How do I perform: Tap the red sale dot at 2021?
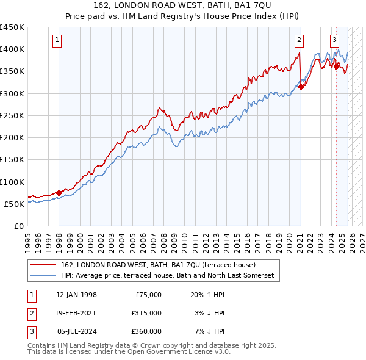coord(301,87)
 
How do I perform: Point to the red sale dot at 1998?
coord(59,193)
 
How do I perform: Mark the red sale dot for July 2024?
coord(336,67)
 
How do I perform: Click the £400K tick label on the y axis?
coord(12,49)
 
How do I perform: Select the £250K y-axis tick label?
coord(12,115)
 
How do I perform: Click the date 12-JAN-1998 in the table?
coord(76,295)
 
